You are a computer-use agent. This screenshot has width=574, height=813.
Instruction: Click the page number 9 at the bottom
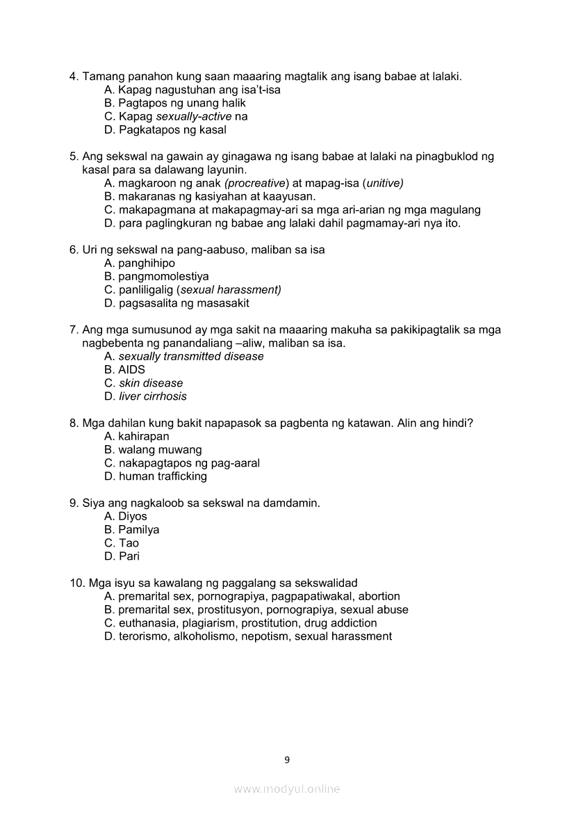[287, 759]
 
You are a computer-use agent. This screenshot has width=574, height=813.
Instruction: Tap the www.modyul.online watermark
[287, 789]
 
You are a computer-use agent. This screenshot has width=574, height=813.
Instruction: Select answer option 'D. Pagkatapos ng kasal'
[165, 130]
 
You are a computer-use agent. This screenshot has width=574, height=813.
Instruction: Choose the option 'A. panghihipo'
[139, 264]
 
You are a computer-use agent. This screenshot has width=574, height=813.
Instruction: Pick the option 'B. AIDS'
[124, 370]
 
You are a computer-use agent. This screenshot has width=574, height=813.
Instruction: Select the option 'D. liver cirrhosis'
[145, 396]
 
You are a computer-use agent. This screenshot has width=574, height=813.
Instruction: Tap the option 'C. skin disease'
[143, 383]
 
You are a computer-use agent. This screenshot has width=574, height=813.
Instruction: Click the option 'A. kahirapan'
[136, 437]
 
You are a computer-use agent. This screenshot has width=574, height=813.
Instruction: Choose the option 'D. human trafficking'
[155, 476]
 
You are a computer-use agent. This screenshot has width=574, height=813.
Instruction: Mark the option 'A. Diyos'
[125, 517]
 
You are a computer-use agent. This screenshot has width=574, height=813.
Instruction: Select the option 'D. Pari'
[122, 556]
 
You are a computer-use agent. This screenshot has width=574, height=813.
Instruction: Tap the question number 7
[73, 330]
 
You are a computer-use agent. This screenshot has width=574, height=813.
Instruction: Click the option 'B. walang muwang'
[153, 450]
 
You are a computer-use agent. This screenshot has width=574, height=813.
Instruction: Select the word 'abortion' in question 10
[379, 597]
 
